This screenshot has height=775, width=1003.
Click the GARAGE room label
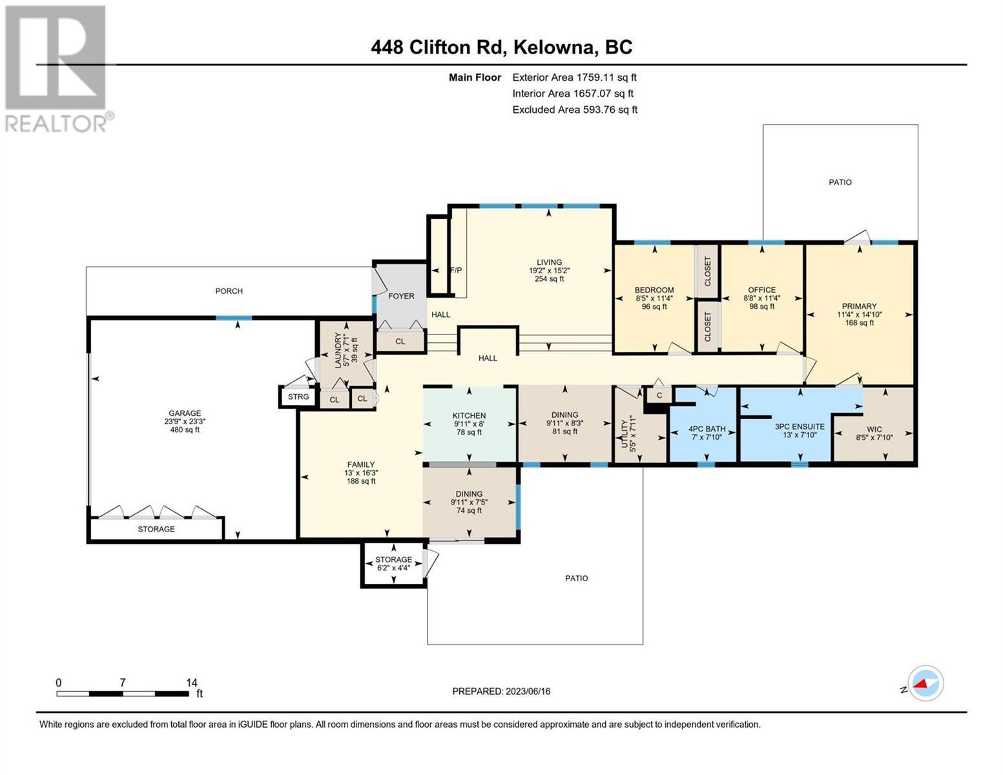pyautogui.click(x=185, y=413)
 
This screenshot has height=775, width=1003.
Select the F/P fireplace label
pyautogui.click(x=455, y=270)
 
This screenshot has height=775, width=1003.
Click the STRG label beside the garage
pyautogui.click(x=298, y=397)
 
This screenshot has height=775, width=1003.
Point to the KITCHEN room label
pyautogui.click(x=469, y=415)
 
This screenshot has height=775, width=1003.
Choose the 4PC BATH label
pyautogui.click(x=707, y=429)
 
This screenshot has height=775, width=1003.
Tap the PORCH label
pyautogui.click(x=229, y=291)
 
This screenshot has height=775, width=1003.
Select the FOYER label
pyautogui.click(x=401, y=296)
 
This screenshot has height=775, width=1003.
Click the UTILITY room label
pyautogui.click(x=625, y=434)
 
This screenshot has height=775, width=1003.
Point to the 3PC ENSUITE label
pyautogui.click(x=800, y=426)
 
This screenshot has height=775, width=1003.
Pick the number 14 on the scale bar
pyautogui.click(x=192, y=682)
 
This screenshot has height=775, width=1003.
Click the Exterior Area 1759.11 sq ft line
pyautogui.click(x=574, y=77)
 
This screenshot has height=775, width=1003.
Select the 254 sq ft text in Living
pyautogui.click(x=549, y=279)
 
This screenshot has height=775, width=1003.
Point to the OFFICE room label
pyautogui.click(x=761, y=290)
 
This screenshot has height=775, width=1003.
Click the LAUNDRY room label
pyautogui.click(x=338, y=350)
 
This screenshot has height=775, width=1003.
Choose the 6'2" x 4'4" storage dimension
pyautogui.click(x=393, y=568)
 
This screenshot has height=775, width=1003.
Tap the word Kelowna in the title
pyautogui.click(x=553, y=47)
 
